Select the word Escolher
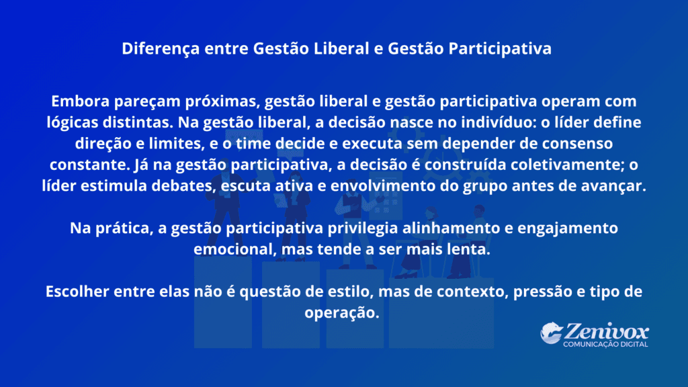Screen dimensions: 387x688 point(76,292)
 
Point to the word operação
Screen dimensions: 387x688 point(342,314)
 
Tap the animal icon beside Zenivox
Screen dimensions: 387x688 point(551,333)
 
